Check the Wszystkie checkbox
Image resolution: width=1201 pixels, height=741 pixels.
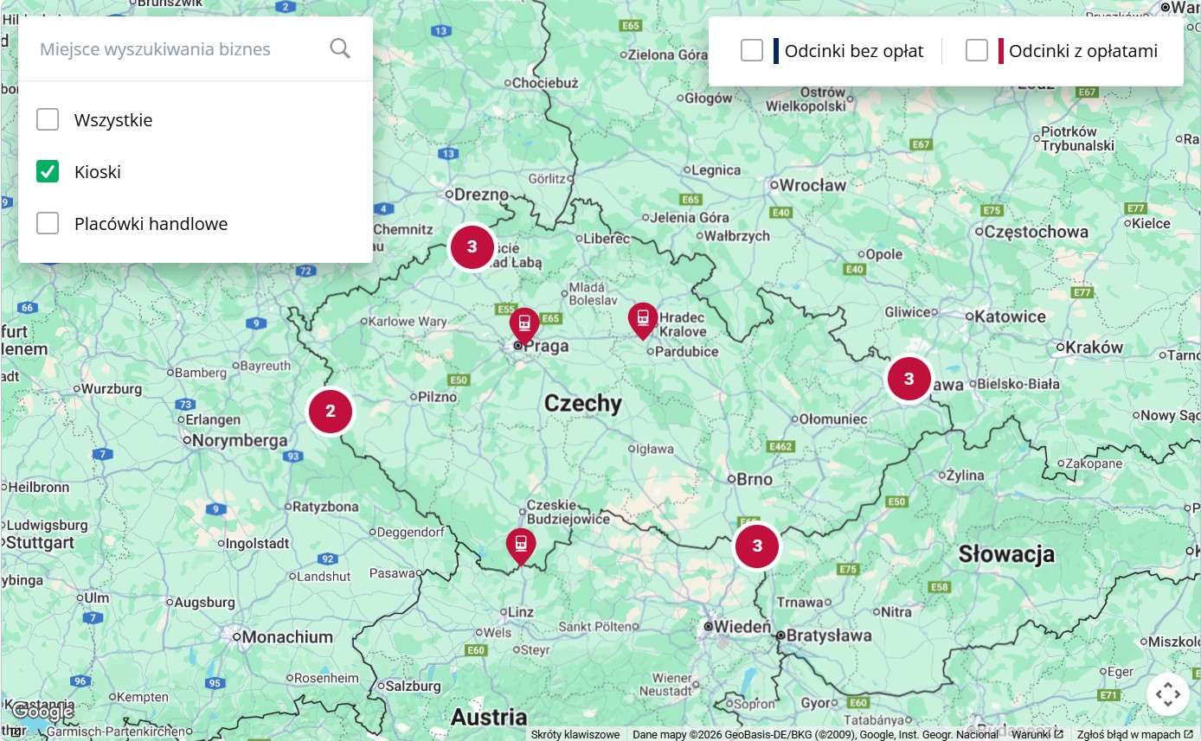(x=48, y=119)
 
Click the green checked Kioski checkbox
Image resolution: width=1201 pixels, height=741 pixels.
(x=48, y=171)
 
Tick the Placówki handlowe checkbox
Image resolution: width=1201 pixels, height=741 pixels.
(x=48, y=223)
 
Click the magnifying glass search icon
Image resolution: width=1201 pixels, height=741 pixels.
(x=340, y=48)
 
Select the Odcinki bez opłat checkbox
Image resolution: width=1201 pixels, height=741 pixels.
(x=752, y=50)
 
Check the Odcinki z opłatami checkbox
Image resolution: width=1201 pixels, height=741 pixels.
(x=977, y=50)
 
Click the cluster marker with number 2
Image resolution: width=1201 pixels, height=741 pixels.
(x=331, y=412)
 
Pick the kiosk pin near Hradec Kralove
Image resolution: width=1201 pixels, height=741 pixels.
(x=643, y=319)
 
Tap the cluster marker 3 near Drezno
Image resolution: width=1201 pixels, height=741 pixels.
(x=472, y=246)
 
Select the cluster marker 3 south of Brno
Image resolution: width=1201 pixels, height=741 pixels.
(x=757, y=546)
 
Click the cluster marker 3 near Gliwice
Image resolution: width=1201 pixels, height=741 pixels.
(x=909, y=379)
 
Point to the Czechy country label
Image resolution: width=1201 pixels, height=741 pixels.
(x=582, y=404)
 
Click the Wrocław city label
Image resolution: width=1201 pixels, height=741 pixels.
(x=812, y=185)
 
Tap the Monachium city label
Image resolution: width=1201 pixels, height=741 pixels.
(x=287, y=637)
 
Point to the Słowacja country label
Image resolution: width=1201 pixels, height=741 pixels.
(x=1005, y=554)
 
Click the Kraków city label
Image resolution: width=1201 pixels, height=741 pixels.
(x=1095, y=348)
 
